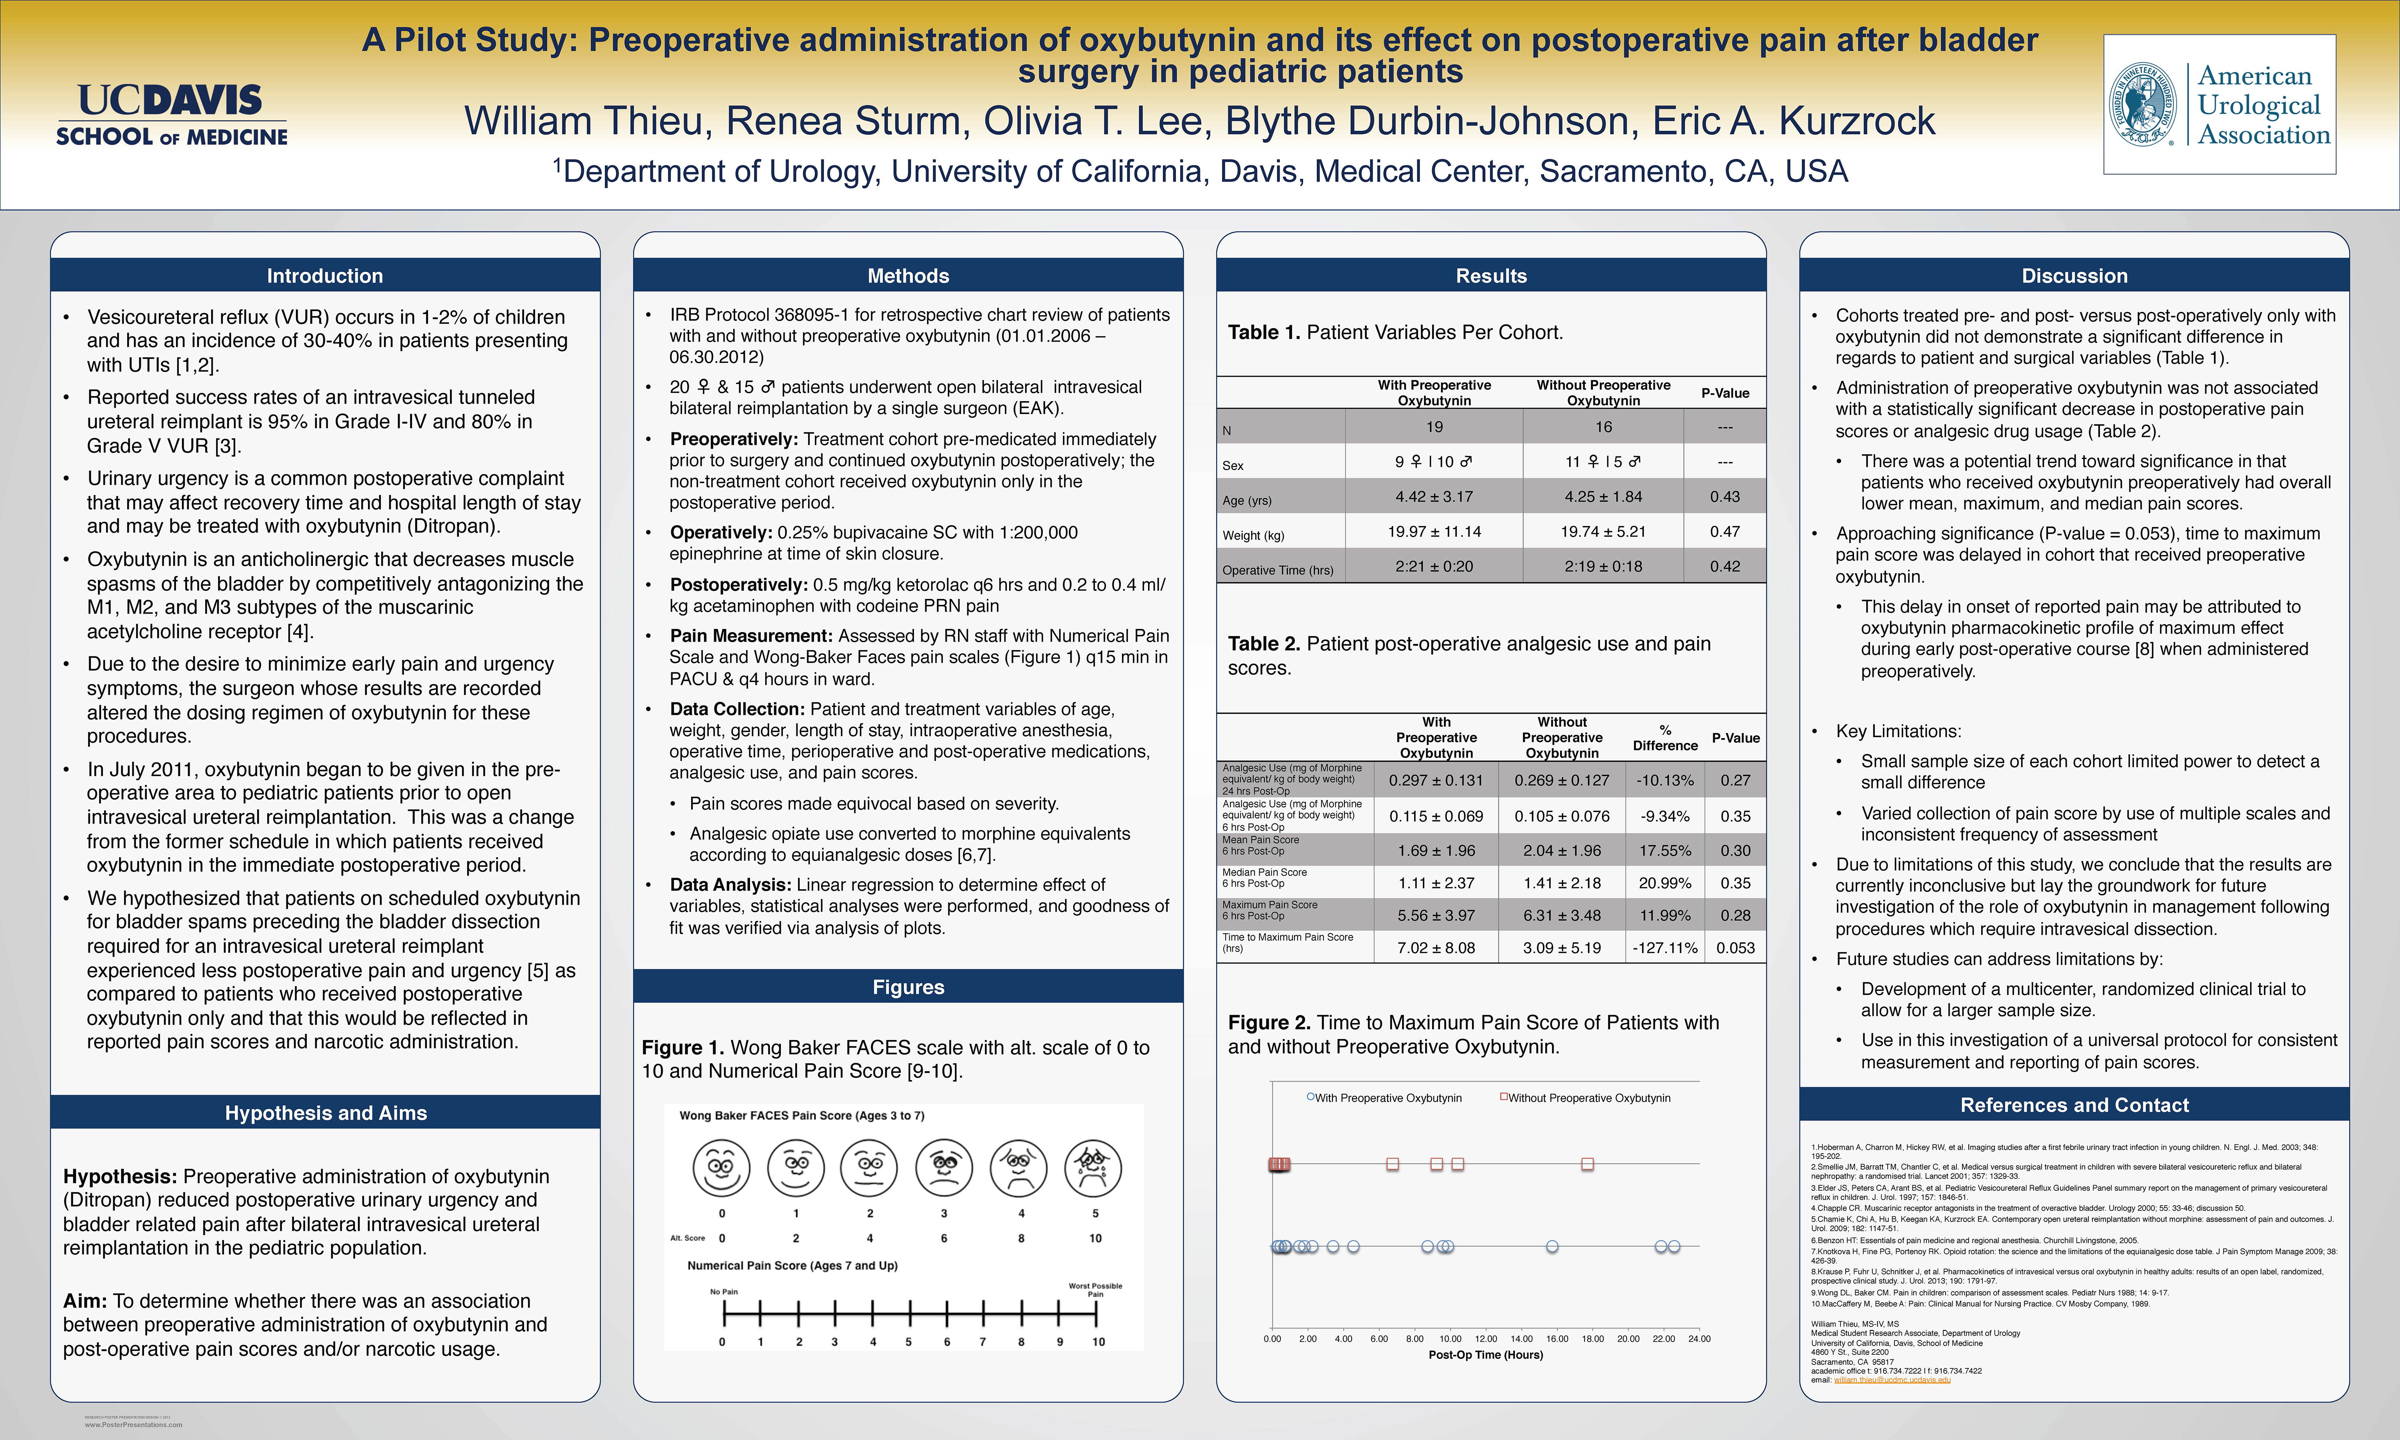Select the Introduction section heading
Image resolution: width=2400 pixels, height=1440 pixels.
(325, 276)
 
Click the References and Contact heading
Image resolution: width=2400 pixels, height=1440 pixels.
(2074, 1105)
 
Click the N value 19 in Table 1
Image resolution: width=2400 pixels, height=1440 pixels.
(1434, 427)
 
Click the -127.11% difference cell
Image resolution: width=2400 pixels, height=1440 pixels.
(1665, 948)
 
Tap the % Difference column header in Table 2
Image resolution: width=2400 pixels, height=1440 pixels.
(1665, 738)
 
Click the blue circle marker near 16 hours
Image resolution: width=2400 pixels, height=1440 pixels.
(1552, 1246)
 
